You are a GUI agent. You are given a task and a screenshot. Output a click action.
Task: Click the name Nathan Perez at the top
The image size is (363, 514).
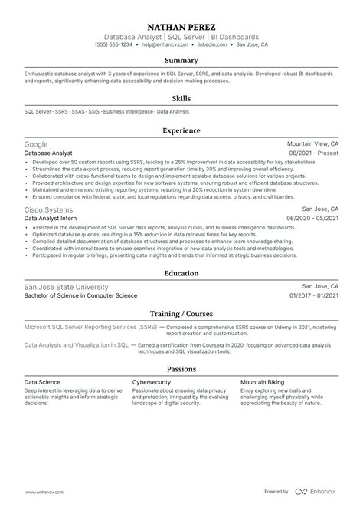tap(181, 25)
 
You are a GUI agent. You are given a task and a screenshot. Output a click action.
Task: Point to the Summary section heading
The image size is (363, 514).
tap(181, 61)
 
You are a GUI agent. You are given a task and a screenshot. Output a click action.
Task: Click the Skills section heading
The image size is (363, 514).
tap(181, 98)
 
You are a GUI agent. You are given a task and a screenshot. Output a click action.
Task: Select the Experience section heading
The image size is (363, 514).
tap(181, 131)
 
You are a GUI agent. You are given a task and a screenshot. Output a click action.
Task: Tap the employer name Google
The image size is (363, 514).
tap(36, 144)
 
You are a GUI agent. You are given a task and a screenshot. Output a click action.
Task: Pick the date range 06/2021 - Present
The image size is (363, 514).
tap(312, 153)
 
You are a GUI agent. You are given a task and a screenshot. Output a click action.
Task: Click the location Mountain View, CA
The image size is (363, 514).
tap(312, 144)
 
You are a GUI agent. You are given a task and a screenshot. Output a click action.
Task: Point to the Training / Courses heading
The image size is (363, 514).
tap(181, 313)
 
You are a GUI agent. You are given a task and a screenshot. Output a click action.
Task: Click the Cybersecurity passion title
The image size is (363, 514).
tap(152, 381)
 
